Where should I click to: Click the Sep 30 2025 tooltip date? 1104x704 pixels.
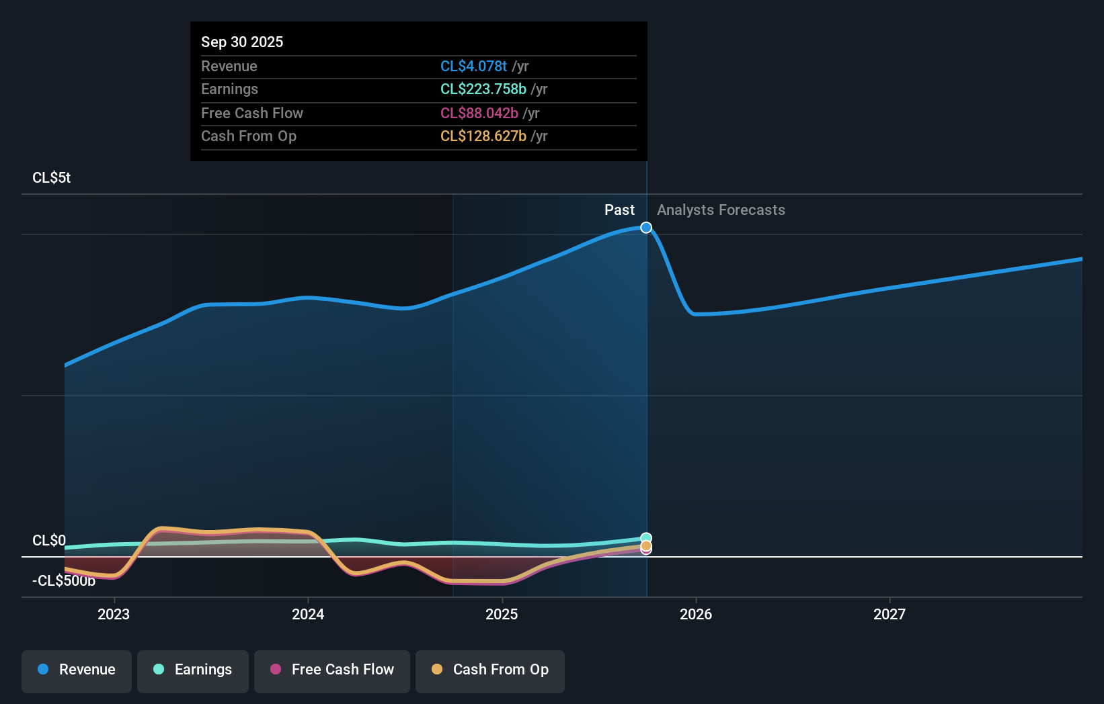click(242, 42)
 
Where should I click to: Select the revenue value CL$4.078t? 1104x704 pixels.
click(473, 66)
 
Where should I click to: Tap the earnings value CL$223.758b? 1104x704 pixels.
click(483, 89)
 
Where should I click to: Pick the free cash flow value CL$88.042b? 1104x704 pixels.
click(479, 113)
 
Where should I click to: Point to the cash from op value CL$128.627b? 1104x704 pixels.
click(483, 136)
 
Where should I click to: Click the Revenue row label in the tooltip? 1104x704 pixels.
click(229, 66)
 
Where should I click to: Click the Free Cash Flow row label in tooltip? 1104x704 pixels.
click(251, 113)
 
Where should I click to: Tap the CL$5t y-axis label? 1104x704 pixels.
click(51, 177)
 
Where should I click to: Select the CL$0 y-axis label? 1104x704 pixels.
click(48, 540)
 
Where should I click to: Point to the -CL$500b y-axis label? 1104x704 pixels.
click(63, 580)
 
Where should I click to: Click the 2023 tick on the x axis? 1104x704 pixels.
click(114, 614)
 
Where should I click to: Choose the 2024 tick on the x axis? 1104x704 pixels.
click(308, 614)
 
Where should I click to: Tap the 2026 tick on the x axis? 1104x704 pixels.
click(696, 614)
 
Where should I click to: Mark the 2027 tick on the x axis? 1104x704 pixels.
click(890, 614)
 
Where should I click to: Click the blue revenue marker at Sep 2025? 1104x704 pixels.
click(646, 228)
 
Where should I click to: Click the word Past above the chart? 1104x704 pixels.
click(619, 210)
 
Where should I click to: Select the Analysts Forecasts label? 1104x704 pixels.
click(721, 210)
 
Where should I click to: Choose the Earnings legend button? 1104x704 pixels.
click(193, 669)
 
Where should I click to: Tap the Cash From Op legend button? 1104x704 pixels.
click(490, 669)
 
